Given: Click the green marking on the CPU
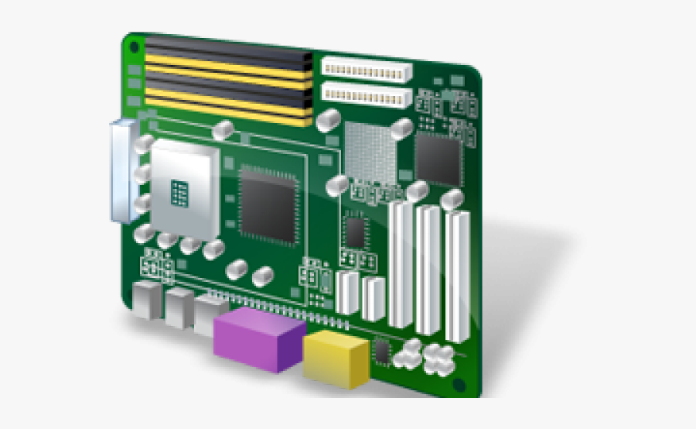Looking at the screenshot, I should (180, 192).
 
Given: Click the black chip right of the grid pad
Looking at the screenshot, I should (438, 159).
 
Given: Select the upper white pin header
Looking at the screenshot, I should (366, 70).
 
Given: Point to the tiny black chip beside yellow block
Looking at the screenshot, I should (382, 351).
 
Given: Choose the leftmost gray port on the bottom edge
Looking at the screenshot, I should (146, 300).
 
